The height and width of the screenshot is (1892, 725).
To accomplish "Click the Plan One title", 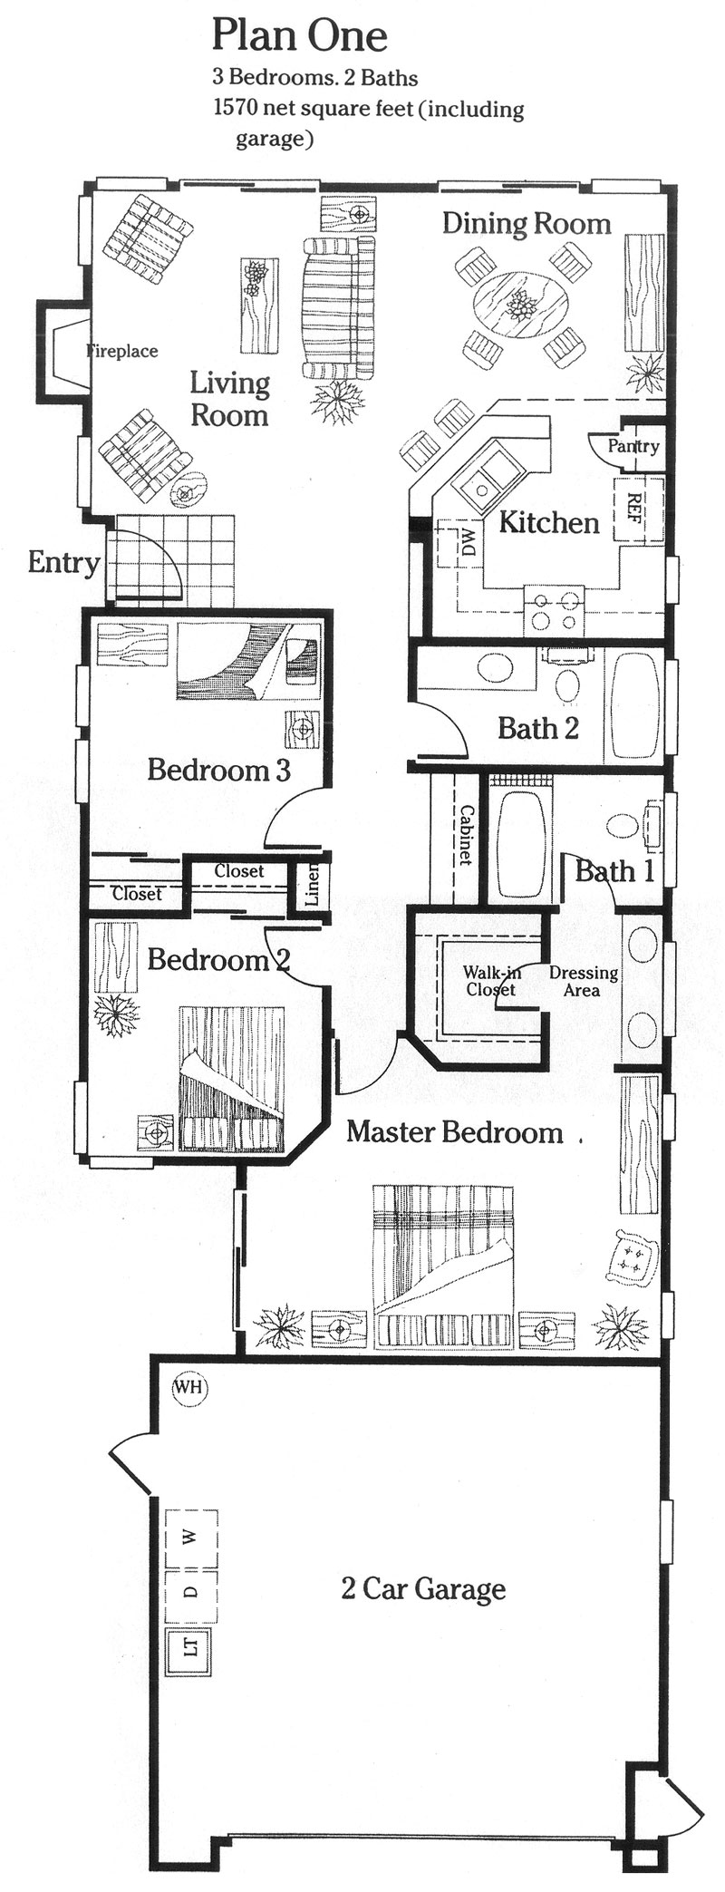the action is click(x=299, y=36).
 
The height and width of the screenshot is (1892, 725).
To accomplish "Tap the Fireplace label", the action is click(x=122, y=351).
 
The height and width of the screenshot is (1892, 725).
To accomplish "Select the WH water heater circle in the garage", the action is click(x=189, y=1387).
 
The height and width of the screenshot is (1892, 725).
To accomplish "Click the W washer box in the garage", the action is click(x=191, y=1538).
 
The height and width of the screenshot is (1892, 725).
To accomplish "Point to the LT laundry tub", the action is click(x=189, y=1645).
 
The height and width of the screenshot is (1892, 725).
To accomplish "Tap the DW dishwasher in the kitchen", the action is click(x=461, y=544).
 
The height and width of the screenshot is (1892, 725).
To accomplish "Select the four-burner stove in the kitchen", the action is click(x=556, y=609).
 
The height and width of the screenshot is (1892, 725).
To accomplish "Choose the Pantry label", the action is click(x=633, y=446).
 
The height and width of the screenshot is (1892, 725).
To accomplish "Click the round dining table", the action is click(x=521, y=306).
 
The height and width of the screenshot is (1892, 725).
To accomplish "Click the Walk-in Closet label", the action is click(x=491, y=981).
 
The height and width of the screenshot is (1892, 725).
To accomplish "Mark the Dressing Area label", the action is click(x=584, y=981).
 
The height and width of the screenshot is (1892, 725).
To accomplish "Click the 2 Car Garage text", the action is click(x=423, y=1589).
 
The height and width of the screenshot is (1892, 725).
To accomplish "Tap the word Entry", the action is click(x=63, y=563).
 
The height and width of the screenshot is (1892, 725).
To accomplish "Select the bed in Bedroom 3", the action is click(x=249, y=661).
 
